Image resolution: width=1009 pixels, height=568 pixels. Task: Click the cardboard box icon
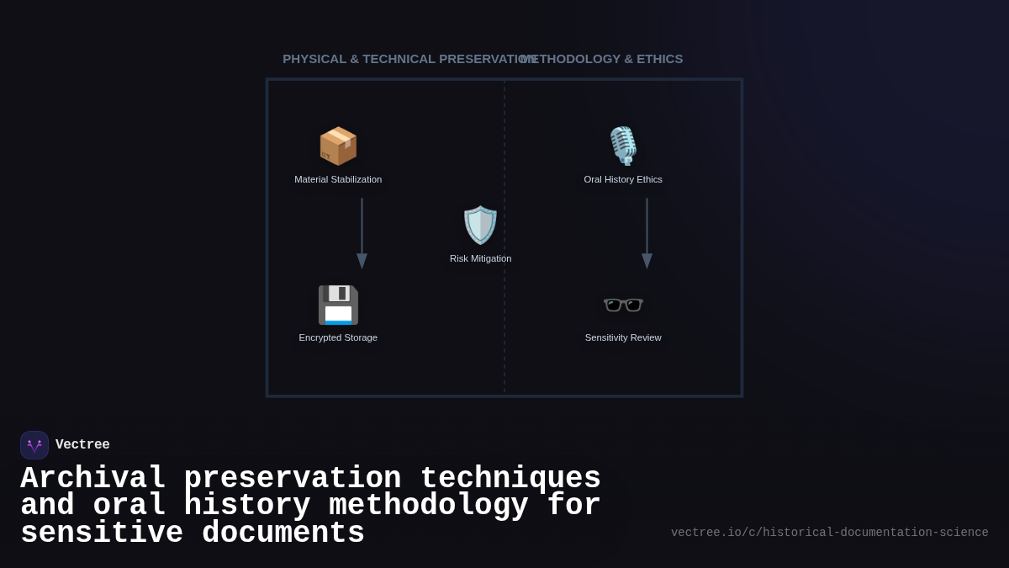338,146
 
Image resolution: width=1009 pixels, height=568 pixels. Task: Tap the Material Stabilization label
338,179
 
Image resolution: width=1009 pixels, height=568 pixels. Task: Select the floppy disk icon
338,305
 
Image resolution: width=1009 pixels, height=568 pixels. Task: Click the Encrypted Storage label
338,337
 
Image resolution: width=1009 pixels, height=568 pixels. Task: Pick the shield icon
480,225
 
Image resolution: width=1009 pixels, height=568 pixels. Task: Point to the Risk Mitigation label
480,258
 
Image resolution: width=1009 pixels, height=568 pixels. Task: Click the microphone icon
623,146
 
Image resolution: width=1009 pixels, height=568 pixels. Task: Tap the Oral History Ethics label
623,179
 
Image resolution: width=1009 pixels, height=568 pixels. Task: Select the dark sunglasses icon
623,304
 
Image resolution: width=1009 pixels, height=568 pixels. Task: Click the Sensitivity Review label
623,337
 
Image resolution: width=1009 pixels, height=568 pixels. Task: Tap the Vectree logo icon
34,445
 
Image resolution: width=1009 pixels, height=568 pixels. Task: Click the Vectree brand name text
82,445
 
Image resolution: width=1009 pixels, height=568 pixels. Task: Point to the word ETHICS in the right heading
660,59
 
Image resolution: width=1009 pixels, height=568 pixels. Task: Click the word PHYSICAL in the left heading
314,59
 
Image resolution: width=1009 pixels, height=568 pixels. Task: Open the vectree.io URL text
829,533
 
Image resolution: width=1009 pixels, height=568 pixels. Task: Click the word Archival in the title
92,478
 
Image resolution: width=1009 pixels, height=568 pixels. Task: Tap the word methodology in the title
428,506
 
